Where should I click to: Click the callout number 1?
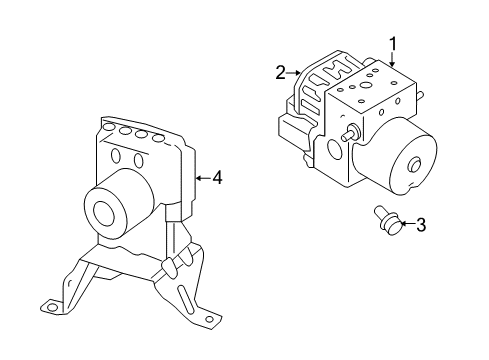point(394,43)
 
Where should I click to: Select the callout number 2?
point(281,72)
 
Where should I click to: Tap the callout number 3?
point(421,225)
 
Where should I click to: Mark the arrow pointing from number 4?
point(203,178)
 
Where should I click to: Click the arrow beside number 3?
point(405,224)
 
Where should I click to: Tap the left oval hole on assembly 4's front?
point(117,155)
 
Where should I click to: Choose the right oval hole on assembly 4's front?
point(132,160)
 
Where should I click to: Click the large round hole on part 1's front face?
point(332,149)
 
